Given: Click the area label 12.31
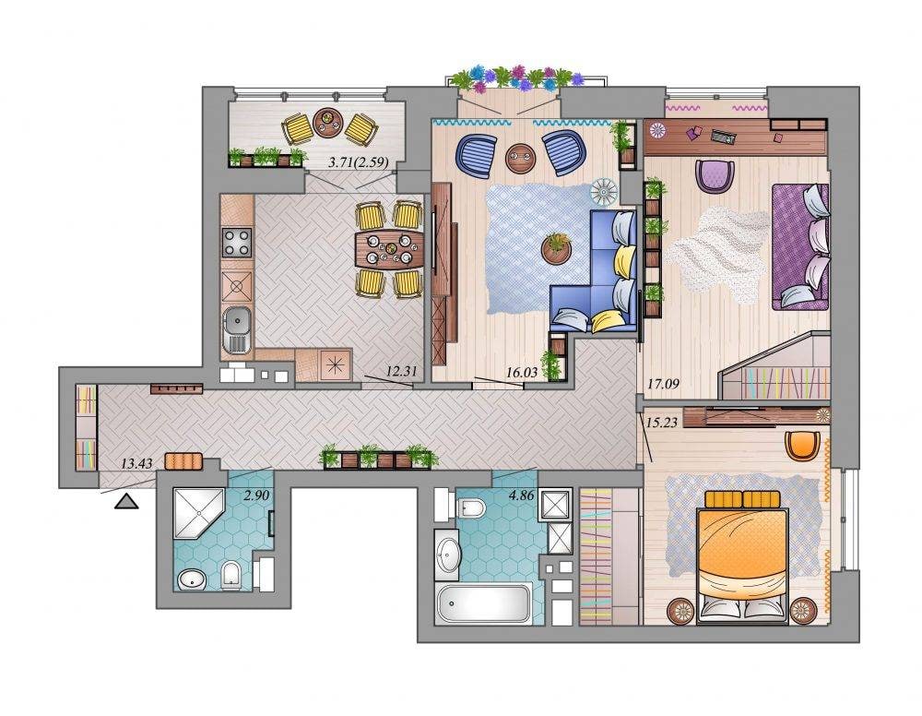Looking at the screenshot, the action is click(x=402, y=371).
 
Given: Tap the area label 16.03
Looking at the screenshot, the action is click(x=522, y=372).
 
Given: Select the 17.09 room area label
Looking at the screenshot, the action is click(x=663, y=384).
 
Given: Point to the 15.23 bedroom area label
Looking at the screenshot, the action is click(x=661, y=422).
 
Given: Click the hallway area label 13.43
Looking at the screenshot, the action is click(x=136, y=463).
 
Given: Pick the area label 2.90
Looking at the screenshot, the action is click(x=256, y=495).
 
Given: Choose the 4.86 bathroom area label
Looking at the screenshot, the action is click(x=522, y=495).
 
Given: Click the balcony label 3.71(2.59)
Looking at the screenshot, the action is click(x=358, y=162).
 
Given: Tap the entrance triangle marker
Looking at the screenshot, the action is click(x=126, y=501).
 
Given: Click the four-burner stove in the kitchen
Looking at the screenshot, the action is click(x=236, y=242).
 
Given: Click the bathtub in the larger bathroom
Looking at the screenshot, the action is click(x=483, y=603).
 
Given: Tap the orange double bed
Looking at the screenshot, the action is click(x=742, y=556).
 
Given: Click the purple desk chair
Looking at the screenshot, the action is click(x=715, y=175).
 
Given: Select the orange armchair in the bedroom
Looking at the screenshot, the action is click(x=803, y=445).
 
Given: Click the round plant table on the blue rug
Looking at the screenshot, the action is click(x=556, y=249).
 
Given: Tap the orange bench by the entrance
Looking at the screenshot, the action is click(x=183, y=461).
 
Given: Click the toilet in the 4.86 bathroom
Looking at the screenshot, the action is click(x=470, y=507).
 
